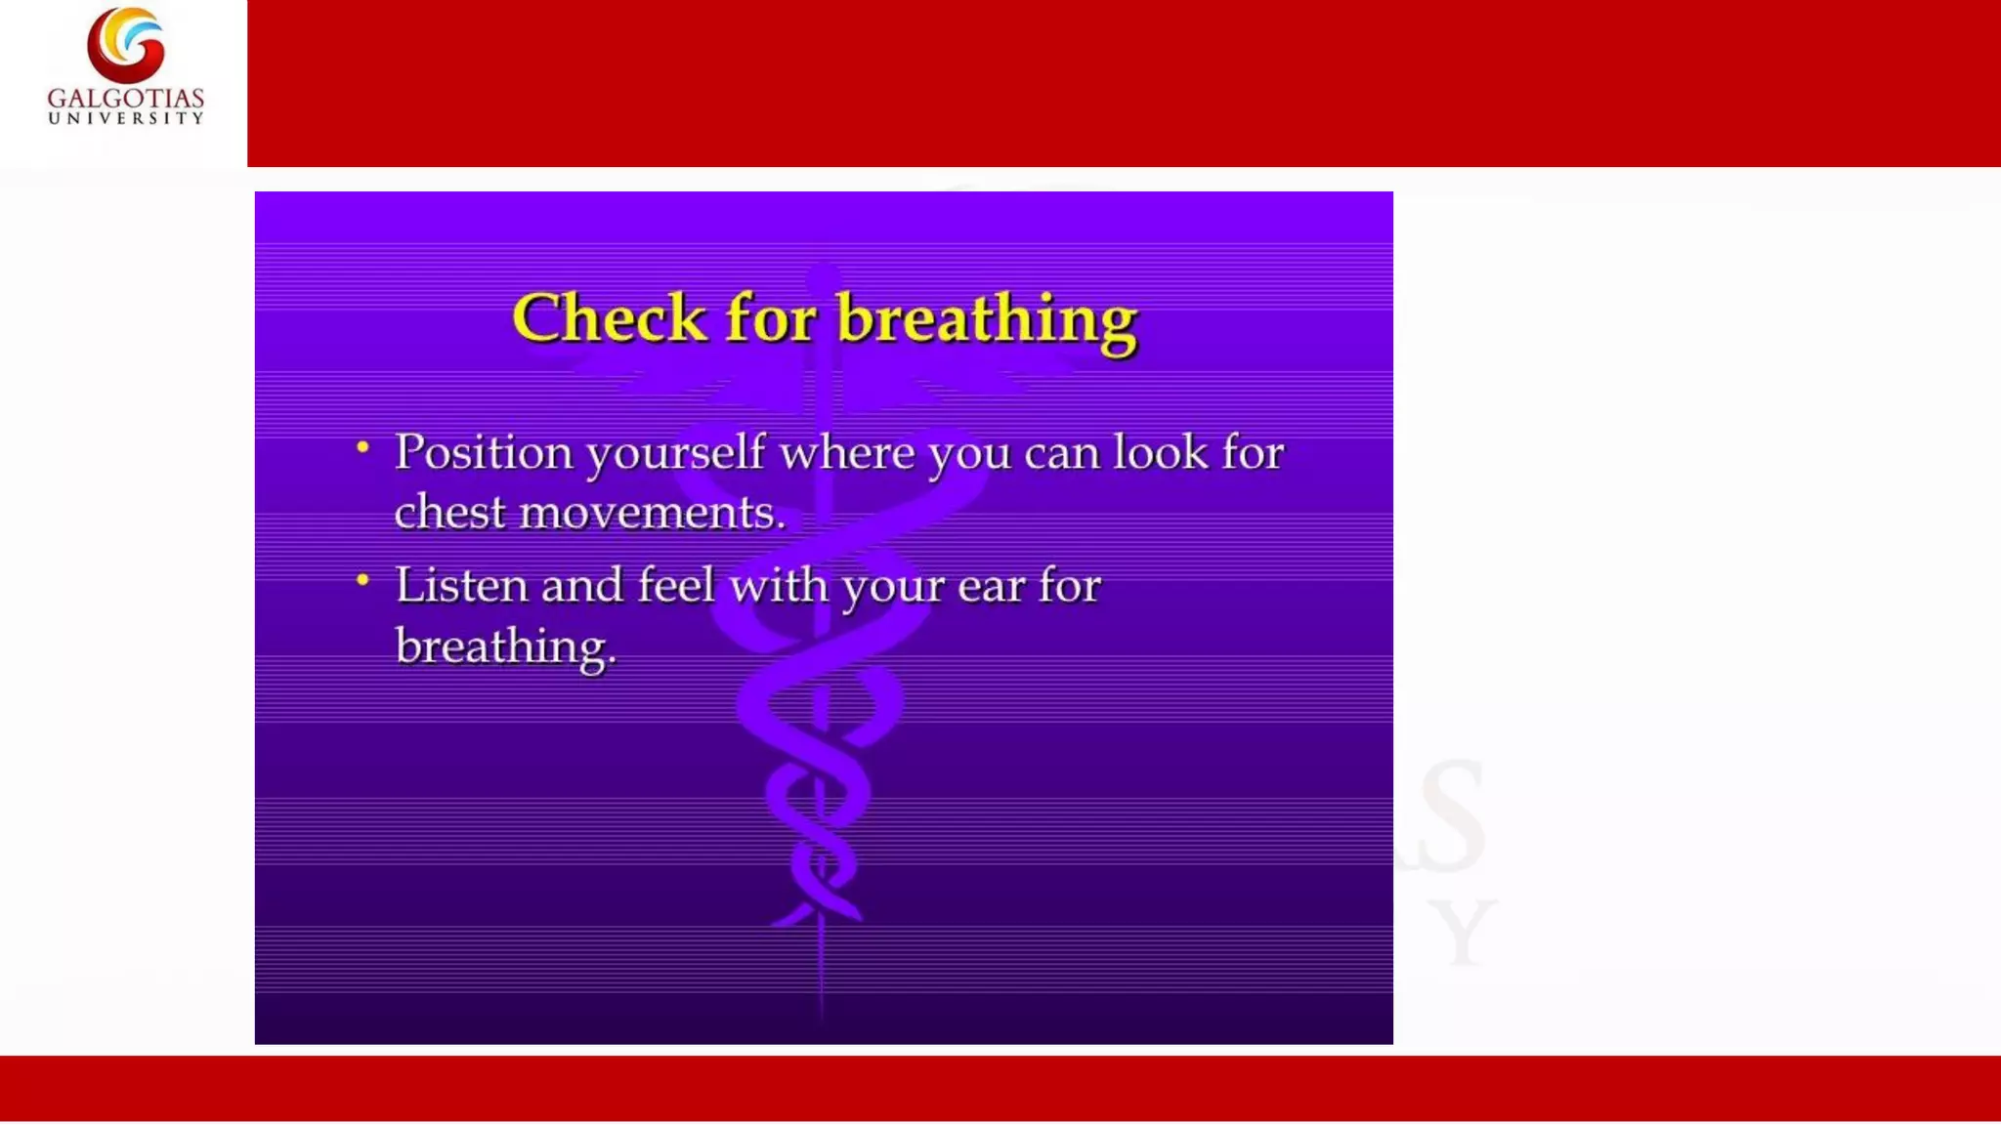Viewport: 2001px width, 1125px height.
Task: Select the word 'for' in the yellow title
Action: [770, 318]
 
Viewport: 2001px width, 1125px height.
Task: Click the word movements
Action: [652, 513]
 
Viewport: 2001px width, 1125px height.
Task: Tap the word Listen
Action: [461, 586]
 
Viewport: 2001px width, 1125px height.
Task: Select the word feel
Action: [676, 586]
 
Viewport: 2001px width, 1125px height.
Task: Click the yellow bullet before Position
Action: [362, 447]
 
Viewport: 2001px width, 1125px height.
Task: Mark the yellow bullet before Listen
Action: [362, 580]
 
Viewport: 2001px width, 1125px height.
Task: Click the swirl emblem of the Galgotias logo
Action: [126, 44]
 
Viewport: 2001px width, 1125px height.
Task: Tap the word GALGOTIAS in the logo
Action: [126, 99]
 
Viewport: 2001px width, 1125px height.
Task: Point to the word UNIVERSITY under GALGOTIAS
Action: [126, 118]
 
